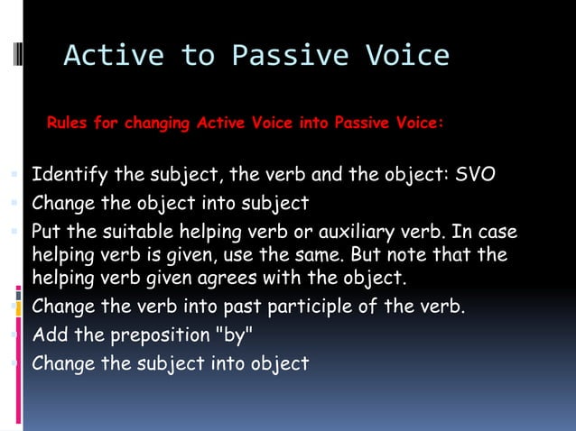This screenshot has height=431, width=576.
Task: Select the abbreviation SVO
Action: [476, 174]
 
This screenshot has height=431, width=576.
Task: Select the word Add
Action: [49, 335]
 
